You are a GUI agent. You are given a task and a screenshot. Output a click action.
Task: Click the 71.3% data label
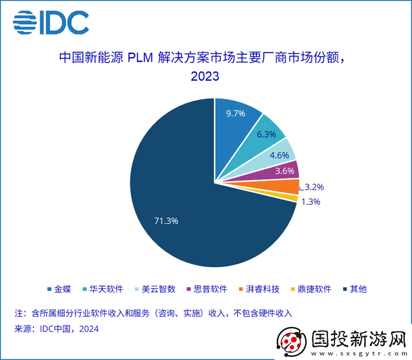166,221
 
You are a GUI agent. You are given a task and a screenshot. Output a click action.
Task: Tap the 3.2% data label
315,187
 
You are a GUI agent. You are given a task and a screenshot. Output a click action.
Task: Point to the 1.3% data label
311,202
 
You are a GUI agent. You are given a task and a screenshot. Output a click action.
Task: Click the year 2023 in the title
205,76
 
